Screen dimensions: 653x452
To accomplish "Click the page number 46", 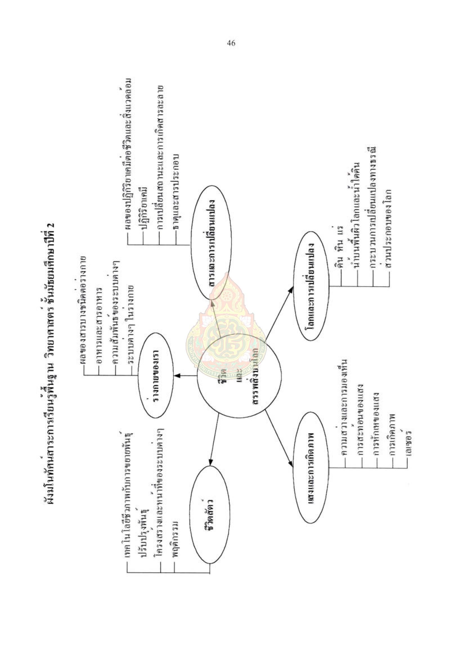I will (231, 43).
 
